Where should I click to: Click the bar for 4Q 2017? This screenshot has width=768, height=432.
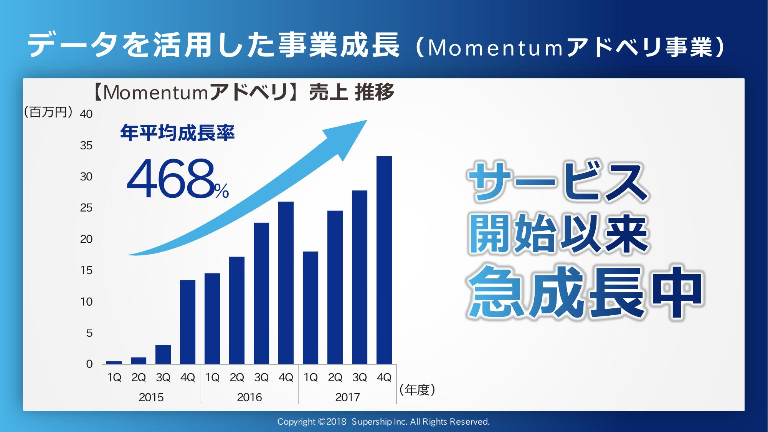click(384, 260)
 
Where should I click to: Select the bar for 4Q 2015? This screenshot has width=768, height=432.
click(188, 322)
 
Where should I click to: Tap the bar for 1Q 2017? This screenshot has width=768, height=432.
click(311, 308)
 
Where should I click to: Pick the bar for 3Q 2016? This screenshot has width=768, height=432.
click(261, 293)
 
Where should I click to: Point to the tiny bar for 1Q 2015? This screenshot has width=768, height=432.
click(114, 362)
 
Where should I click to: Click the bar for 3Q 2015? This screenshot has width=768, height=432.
click(163, 354)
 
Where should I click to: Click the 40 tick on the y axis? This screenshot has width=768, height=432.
click(86, 114)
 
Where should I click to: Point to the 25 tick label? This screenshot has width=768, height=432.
click(86, 208)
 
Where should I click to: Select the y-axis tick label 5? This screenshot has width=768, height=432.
click(89, 333)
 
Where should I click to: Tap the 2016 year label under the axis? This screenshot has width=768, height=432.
click(249, 397)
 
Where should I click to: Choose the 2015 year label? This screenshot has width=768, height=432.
click(151, 397)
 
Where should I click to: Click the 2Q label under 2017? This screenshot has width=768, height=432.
click(335, 377)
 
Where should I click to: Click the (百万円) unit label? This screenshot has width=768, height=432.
click(48, 112)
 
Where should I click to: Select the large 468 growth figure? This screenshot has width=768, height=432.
click(170, 179)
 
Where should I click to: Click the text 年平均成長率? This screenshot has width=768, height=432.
click(177, 133)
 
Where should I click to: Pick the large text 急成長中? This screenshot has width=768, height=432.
click(585, 293)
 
